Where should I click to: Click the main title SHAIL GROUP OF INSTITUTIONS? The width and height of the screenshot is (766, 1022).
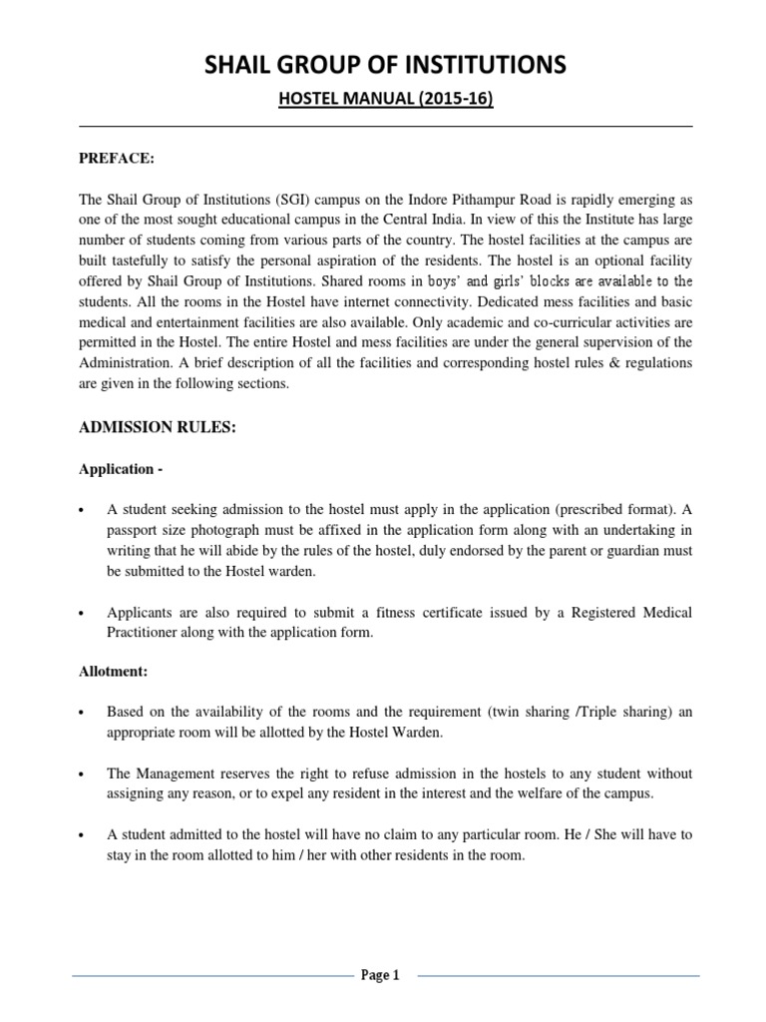pyautogui.click(x=383, y=66)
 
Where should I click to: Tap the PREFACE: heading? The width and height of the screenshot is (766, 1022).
pyautogui.click(x=118, y=158)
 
